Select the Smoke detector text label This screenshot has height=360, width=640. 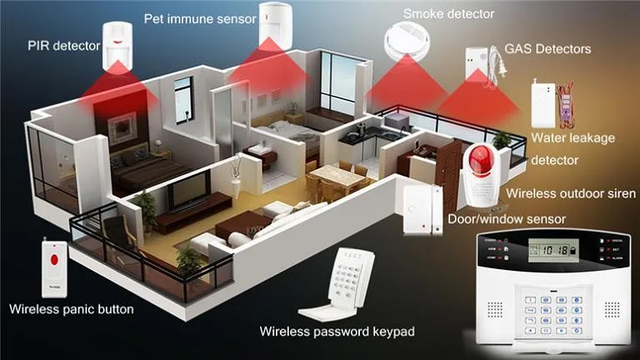pos(448,14)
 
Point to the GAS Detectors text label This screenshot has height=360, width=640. pos(547,48)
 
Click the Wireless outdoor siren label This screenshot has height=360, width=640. pos(572,194)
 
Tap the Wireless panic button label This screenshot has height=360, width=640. pos(71,309)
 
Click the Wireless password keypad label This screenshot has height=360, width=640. pos(337,332)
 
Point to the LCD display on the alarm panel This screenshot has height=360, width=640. pos(550,249)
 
